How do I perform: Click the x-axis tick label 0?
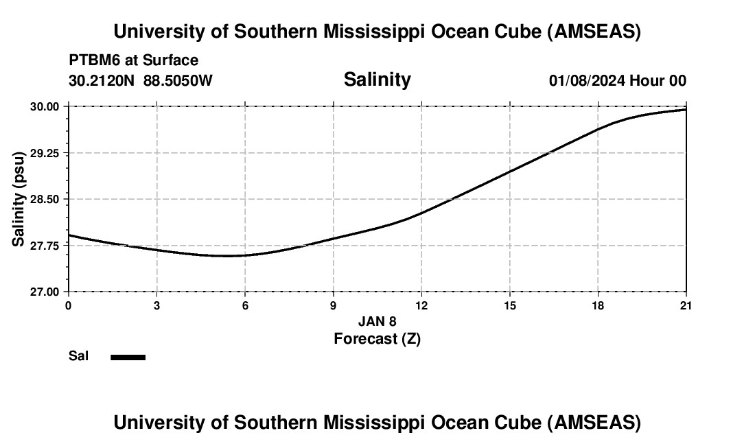click(x=68, y=305)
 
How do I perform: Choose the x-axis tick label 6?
click(x=245, y=305)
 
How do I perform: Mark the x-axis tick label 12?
click(x=421, y=305)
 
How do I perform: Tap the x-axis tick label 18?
click(x=598, y=305)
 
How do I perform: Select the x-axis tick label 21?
click(x=686, y=305)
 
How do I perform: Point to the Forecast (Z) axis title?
click(x=377, y=338)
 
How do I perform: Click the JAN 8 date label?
click(x=377, y=321)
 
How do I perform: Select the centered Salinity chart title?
click(x=377, y=80)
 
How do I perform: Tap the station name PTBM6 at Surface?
click(x=133, y=60)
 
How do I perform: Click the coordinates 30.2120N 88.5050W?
click(x=141, y=80)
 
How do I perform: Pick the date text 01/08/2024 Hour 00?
click(x=617, y=80)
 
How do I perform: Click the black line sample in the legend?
click(x=128, y=357)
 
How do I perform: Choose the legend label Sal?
click(x=79, y=356)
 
